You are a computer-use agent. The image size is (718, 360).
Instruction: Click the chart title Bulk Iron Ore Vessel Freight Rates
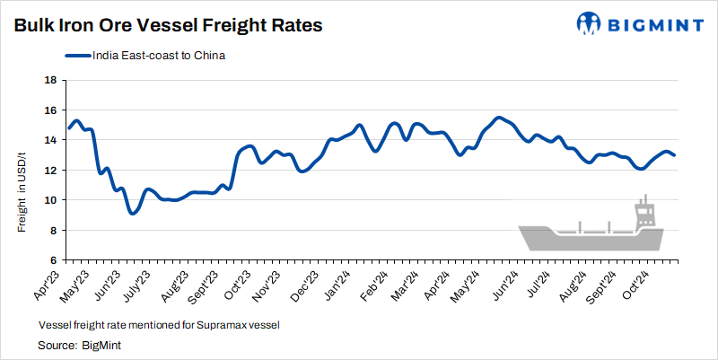168,25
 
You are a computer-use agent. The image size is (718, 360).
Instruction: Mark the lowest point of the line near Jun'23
132,213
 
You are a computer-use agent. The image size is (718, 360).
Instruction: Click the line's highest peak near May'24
499,118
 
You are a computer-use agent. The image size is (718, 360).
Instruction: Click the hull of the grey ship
592,239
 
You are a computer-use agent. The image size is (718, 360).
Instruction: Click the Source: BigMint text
79,344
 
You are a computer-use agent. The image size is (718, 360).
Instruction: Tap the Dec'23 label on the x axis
304,280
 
